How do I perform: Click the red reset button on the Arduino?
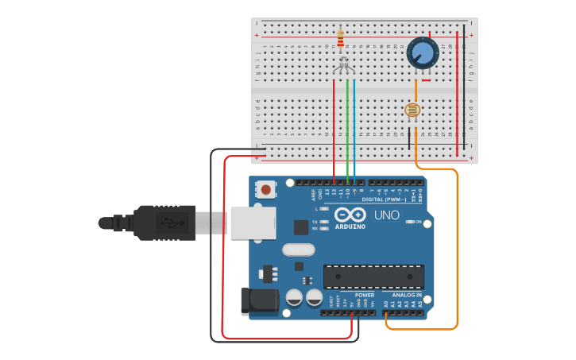[266, 189]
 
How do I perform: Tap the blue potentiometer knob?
[423, 53]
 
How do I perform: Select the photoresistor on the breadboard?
[412, 110]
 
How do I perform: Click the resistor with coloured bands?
[341, 38]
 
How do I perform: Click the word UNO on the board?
[386, 215]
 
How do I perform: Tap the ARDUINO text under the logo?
[350, 226]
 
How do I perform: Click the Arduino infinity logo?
[350, 215]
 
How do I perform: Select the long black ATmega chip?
[373, 277]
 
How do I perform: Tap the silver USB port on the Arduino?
[253, 223]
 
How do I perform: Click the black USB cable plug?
[164, 223]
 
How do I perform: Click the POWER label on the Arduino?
[365, 295]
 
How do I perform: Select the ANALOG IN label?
[408, 295]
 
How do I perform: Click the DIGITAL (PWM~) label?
[384, 199]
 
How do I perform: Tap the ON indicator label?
[418, 222]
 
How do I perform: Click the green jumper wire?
[347, 127]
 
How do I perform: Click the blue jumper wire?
[354, 127]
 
